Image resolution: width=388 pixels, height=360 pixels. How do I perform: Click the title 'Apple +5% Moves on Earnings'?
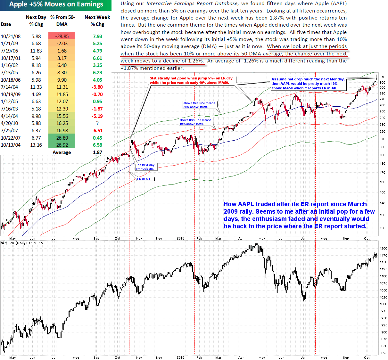pos(56,4)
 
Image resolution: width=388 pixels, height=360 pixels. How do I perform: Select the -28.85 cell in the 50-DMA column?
pos(62,36)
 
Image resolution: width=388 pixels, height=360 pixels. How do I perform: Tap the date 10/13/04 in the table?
pos(11,145)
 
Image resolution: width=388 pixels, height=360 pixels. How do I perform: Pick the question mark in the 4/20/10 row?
pos(97,123)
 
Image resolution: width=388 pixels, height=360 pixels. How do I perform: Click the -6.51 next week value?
pos(97,131)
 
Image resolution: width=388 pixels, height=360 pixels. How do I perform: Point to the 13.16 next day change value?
pos(36,145)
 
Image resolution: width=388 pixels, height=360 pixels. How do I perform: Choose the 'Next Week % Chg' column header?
pos(97,20)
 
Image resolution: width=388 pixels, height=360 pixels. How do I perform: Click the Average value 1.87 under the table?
pos(97,152)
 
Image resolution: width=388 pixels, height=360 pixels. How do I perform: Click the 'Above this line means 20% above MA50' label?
pos(200,105)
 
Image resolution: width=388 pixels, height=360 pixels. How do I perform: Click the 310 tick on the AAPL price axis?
pos(382,77)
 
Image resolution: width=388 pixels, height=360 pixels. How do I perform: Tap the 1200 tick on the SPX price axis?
pos(383,249)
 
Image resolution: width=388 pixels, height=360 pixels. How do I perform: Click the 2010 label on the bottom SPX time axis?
pos(180,358)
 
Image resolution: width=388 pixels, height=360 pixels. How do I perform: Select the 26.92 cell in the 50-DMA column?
pos(62,145)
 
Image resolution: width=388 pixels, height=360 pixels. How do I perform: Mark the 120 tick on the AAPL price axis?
pos(382,228)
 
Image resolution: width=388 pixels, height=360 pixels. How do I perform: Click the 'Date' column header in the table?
pos(6,24)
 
